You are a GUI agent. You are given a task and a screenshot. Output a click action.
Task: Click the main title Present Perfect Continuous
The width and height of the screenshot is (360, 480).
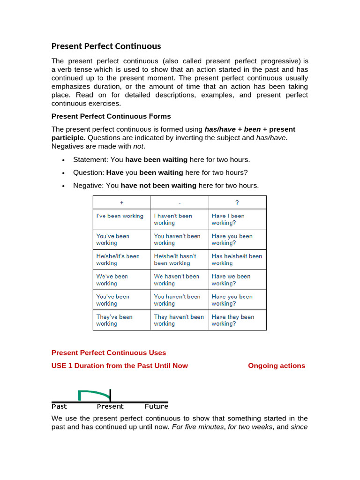tap(106, 46)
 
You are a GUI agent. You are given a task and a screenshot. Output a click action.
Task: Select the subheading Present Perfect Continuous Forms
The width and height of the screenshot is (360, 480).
tap(111, 116)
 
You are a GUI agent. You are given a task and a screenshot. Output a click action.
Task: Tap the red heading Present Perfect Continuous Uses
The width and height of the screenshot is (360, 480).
tap(109, 352)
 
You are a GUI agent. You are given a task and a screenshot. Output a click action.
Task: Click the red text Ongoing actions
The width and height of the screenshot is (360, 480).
tap(277, 366)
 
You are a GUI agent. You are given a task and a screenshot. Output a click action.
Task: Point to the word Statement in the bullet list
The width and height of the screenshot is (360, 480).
tap(90, 160)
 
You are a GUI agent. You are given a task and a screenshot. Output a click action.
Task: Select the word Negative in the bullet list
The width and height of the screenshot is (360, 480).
tap(89, 186)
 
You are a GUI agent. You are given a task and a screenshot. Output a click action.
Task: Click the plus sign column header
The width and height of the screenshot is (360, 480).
tap(122, 202)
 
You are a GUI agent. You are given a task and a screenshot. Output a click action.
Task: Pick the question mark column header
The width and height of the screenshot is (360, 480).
tap(237, 202)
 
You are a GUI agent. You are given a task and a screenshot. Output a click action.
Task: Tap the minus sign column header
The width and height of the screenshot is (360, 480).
tap(180, 202)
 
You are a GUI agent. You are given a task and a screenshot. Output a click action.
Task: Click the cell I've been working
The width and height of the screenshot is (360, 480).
tap(120, 216)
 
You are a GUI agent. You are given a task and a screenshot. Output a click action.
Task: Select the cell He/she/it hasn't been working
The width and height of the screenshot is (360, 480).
tap(175, 260)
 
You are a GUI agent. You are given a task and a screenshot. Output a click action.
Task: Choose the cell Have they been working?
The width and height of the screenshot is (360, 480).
tap(233, 320)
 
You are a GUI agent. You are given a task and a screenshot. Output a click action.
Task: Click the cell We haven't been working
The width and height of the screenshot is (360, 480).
tap(176, 280)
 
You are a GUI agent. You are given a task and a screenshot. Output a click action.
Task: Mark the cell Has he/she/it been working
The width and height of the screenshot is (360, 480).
tap(237, 260)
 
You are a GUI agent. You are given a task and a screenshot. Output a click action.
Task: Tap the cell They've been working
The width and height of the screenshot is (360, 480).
tap(114, 320)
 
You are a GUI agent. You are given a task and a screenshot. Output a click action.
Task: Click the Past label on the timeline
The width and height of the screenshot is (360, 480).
tap(59, 406)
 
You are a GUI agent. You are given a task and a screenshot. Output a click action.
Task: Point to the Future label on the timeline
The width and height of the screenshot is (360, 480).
tap(157, 406)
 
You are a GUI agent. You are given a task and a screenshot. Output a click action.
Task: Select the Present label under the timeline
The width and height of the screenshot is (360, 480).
tap(110, 406)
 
